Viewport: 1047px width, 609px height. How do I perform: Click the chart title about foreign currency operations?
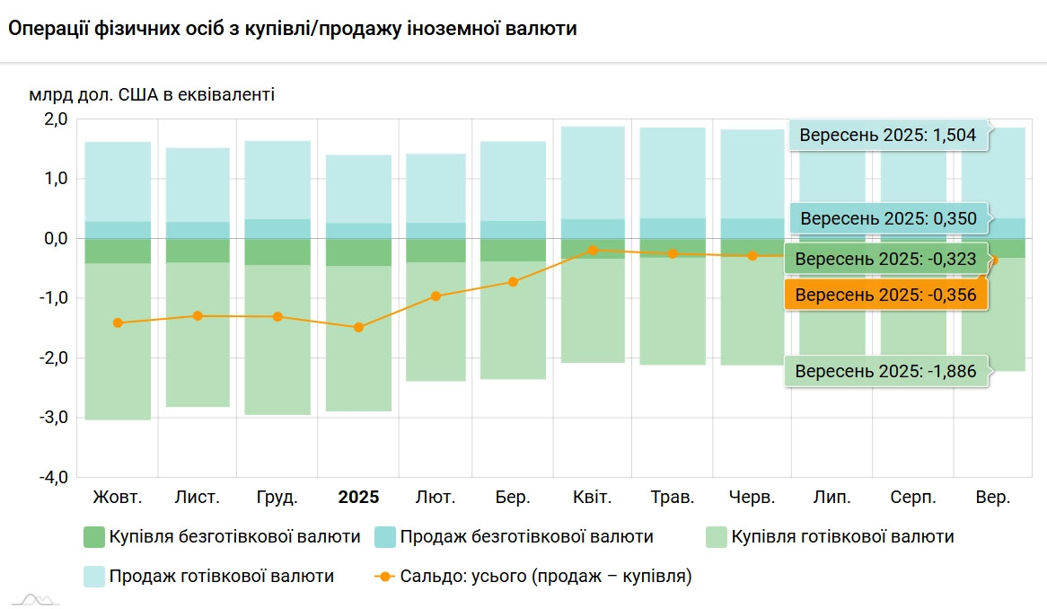coord(293,29)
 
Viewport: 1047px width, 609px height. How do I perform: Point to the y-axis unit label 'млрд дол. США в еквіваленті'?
coord(152,94)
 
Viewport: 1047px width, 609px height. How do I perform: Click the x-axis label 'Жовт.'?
coord(118,497)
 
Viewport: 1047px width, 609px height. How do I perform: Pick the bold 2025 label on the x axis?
coord(358,497)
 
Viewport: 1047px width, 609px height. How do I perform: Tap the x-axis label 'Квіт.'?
coord(593,497)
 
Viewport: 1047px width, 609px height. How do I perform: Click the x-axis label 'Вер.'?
coord(993,497)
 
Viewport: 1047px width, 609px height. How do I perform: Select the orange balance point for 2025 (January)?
coord(358,328)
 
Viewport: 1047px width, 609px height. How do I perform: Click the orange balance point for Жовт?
coord(118,322)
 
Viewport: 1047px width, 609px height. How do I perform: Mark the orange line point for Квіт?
coord(593,251)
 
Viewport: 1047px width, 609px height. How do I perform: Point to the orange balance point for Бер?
coord(513,282)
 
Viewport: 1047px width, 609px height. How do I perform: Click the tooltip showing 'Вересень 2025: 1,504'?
coord(888,137)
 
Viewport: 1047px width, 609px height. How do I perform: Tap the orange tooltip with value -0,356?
coord(886,294)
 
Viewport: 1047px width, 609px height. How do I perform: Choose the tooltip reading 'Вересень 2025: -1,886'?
coord(886,371)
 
